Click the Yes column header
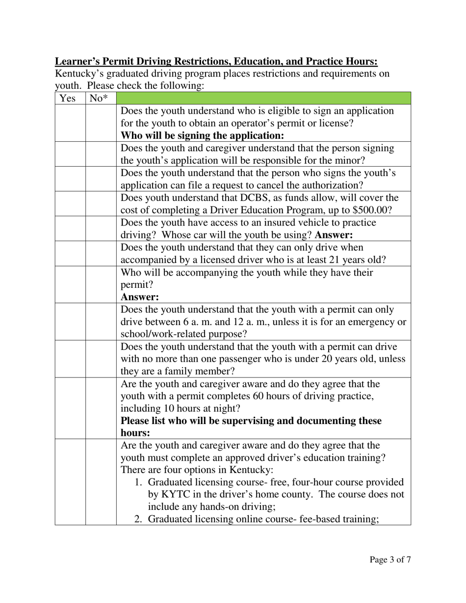[x=67, y=99]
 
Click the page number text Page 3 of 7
[x=390, y=559]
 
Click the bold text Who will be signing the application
[x=202, y=135]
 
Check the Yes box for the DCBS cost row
[x=70, y=203]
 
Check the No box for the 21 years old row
[x=101, y=253]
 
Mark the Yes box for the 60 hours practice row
[x=70, y=408]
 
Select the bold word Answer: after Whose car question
[x=334, y=235]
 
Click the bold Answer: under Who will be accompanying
[x=140, y=297]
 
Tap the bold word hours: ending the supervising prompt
[x=135, y=433]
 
